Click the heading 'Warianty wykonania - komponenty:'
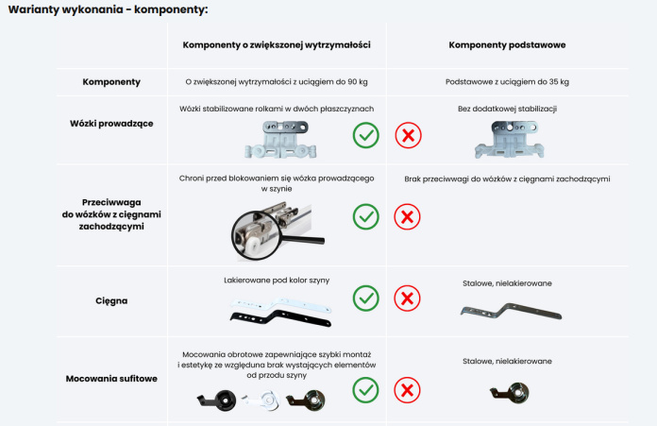(x=109, y=9)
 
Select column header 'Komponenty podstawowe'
(x=507, y=44)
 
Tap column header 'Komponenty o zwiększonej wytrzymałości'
(x=277, y=44)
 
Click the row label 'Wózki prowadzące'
(x=111, y=124)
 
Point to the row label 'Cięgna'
(x=111, y=301)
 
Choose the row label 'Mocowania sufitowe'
(x=111, y=379)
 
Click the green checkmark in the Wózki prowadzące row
(x=366, y=135)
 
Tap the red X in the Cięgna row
(x=407, y=298)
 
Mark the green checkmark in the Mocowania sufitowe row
(x=366, y=390)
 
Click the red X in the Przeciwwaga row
(x=407, y=216)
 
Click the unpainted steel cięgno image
(x=512, y=311)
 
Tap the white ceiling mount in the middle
(x=261, y=400)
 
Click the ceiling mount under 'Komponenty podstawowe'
(x=510, y=393)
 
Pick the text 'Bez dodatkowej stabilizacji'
(x=507, y=109)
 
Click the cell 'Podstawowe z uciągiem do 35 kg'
(x=507, y=82)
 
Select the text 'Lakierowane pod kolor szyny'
(x=277, y=281)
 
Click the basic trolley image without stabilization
(x=510, y=139)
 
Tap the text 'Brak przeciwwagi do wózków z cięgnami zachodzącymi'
(x=507, y=179)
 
